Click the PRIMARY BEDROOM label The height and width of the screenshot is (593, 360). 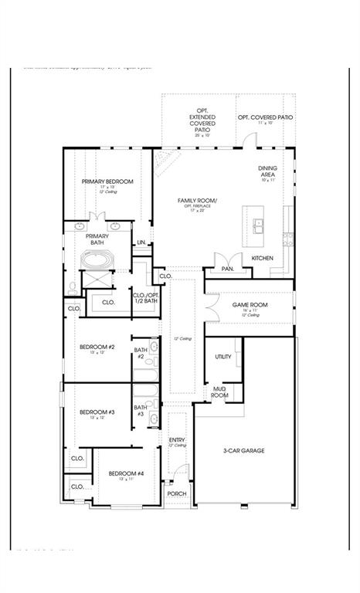click(x=107, y=181)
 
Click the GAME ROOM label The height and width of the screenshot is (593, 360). click(x=250, y=305)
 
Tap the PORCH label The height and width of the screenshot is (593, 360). click(x=177, y=494)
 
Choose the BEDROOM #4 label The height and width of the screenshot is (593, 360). click(x=126, y=473)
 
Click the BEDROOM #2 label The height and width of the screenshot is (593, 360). click(x=97, y=347)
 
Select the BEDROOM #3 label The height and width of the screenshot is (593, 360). click(x=97, y=412)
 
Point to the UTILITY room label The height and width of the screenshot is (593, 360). click(x=223, y=357)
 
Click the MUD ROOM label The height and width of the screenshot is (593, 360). click(x=220, y=391)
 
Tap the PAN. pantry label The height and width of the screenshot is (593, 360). click(x=227, y=269)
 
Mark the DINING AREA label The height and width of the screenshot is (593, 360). click(x=268, y=171)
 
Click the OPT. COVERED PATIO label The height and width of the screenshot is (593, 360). click(x=265, y=117)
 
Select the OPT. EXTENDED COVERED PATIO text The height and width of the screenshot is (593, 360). click(x=202, y=124)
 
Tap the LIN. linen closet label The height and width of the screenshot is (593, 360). click(x=141, y=243)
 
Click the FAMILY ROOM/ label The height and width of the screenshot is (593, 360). click(x=197, y=201)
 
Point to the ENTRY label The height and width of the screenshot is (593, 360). click(x=177, y=439)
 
